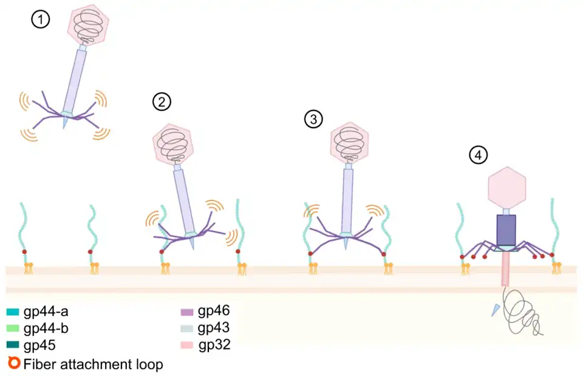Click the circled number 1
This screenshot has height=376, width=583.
(x=40, y=20)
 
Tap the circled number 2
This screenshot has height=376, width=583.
(x=162, y=103)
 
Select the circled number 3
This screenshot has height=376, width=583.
(x=313, y=120)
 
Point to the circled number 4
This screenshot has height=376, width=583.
(x=479, y=156)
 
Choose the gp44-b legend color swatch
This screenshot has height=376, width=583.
(x=13, y=330)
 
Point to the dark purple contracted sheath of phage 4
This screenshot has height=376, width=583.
(x=506, y=230)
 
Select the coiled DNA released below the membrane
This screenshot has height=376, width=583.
(x=520, y=310)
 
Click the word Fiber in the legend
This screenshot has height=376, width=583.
(x=36, y=364)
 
